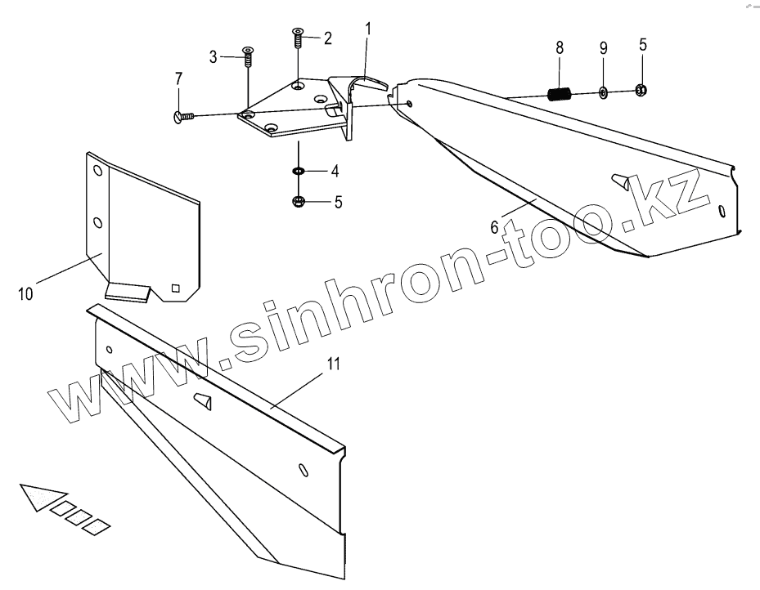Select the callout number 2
coord(327,38)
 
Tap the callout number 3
coord(214,57)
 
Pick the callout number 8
coord(560,47)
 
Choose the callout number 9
coord(603,47)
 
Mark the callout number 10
coord(25,293)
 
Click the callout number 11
coord(333,364)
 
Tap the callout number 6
coord(494,226)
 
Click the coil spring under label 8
coord(559,94)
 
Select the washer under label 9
coord(603,92)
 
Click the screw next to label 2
coord(298,37)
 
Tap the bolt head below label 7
coord(181,118)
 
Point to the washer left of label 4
coord(299,172)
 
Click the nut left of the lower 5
coord(299,201)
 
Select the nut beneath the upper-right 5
coord(641,89)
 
